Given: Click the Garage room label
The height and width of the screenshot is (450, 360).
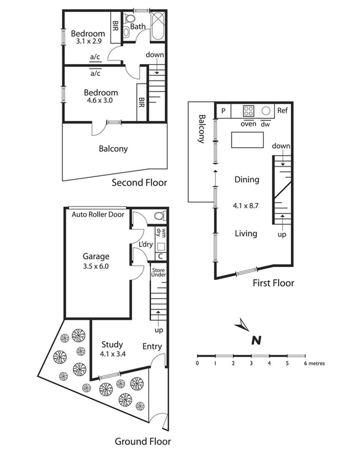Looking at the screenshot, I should click(95, 257).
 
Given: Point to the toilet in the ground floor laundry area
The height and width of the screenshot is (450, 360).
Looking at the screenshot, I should click(160, 215).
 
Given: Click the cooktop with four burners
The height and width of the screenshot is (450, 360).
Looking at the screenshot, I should click(249, 111).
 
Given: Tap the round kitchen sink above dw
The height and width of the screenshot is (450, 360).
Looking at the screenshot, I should click(266, 111).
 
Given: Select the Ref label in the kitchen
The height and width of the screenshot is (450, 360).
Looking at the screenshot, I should click(282, 111).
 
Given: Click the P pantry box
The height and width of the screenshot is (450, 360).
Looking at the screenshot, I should click(223, 111).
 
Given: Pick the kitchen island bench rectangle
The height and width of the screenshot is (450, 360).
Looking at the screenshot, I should click(248, 140).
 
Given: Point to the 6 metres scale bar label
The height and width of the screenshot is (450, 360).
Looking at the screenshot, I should click(314, 363).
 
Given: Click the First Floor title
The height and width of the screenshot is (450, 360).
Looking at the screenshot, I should click(273, 283).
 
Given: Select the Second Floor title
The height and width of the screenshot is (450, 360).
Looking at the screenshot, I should click(139, 182).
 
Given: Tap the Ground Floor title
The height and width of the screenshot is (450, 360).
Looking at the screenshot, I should click(142, 441).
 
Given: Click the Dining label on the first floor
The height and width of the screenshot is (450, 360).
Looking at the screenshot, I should click(247, 180).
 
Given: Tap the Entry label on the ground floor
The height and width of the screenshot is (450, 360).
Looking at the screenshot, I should click(152, 346).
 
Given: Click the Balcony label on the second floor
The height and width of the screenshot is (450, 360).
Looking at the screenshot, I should click(113, 149).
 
